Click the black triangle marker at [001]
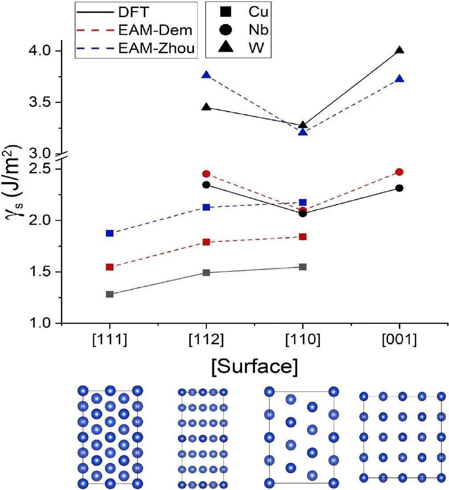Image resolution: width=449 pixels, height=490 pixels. coord(400,50)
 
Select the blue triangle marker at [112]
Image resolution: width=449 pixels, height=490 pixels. coord(206,75)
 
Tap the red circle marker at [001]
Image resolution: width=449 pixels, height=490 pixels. coord(399,172)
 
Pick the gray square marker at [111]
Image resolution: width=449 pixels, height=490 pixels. coord(110,294)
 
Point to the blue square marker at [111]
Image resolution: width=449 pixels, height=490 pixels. coord(110,233)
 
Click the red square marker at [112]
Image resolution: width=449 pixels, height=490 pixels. coord(206,242)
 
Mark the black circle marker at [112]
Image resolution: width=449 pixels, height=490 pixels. coord(206,184)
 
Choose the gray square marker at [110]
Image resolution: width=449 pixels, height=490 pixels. coord(303,267)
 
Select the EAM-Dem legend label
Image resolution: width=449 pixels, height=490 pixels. coord(155,30)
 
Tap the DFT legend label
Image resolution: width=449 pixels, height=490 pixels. coord(134,12)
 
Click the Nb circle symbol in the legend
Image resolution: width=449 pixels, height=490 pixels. coord(227,30)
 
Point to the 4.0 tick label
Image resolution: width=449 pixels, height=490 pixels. coord(42,51)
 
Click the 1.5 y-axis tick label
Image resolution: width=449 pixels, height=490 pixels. coord(42,272)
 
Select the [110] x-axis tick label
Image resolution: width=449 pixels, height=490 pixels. coord(303,340)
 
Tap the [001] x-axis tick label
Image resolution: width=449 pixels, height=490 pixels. coord(399,340)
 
